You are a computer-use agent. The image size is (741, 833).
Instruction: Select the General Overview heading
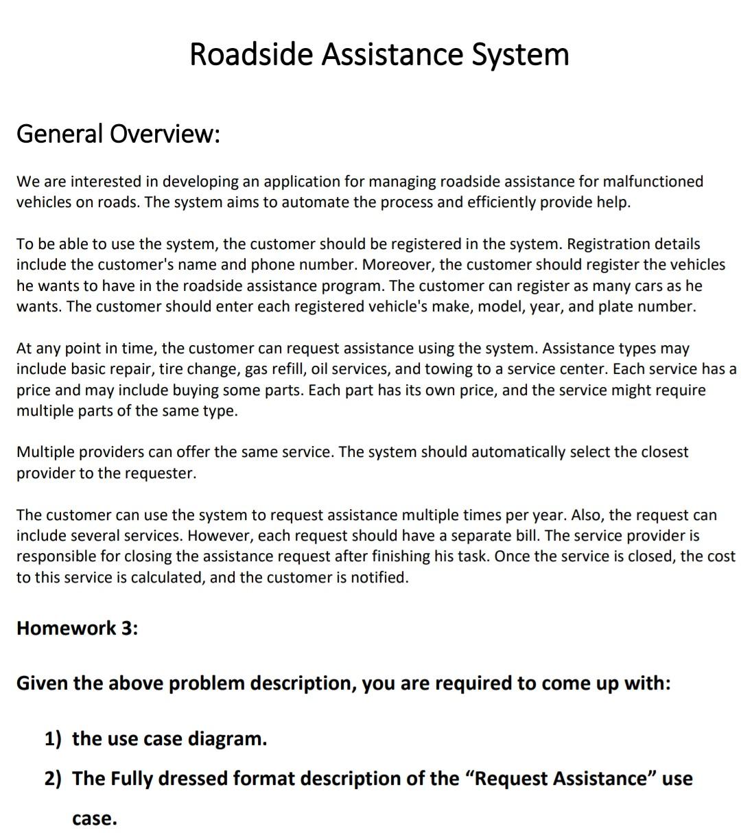click(x=118, y=134)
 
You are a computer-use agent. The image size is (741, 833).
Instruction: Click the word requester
click(x=160, y=473)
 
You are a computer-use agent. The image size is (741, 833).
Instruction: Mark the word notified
click(x=379, y=578)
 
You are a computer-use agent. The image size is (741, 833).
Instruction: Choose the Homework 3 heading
click(x=77, y=629)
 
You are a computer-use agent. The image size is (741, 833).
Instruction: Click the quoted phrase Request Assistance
click(x=560, y=779)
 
